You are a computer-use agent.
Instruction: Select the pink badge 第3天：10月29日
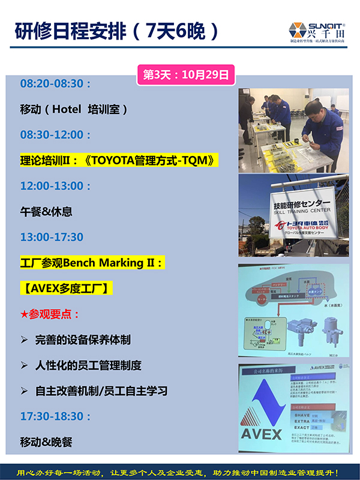tap(185, 75)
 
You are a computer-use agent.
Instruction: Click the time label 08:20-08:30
tap(55, 83)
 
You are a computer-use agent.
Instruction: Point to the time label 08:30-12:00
tap(55, 135)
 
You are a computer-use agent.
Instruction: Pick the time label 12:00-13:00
tap(55, 186)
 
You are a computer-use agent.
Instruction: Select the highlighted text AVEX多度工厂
tap(66, 289)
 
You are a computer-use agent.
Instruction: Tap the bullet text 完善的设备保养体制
tap(83, 340)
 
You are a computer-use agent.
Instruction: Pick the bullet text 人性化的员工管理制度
tap(88, 365)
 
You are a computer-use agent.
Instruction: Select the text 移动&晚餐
tap(46, 442)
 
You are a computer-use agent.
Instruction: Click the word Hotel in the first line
tap(66, 109)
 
